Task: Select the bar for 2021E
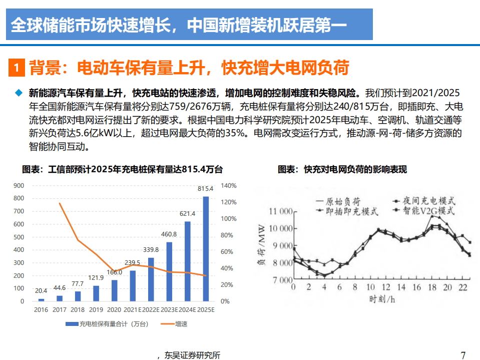click(x=133, y=286)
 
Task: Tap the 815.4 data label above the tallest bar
click(x=206, y=189)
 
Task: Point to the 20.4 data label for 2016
click(x=41, y=290)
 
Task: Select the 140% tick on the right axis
click(x=229, y=186)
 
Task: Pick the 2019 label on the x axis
click(x=96, y=310)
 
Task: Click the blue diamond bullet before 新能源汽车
click(x=19, y=93)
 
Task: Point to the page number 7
click(x=463, y=355)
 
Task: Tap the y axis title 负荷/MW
click(x=261, y=246)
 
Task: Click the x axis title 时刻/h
click(x=382, y=299)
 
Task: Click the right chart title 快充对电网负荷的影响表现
click(x=342, y=170)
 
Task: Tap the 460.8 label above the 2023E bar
click(x=169, y=234)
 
